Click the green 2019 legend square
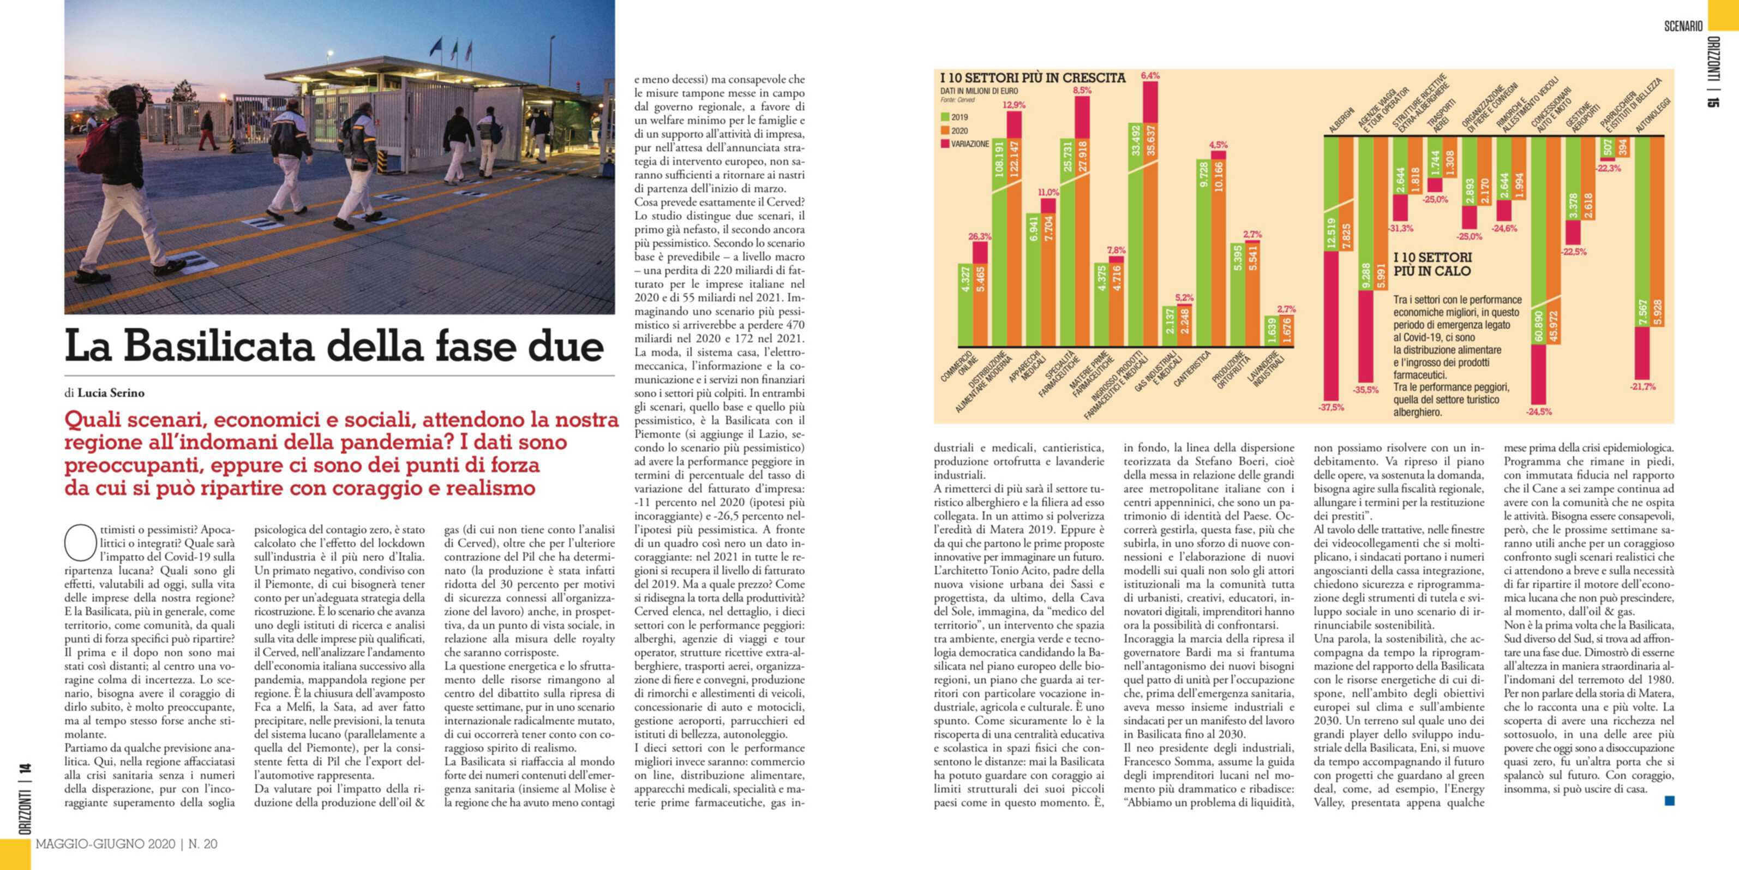945,117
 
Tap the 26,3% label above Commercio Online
980,236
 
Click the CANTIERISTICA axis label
1191,368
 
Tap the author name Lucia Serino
111,393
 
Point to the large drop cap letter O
80,543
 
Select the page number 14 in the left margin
25,770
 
